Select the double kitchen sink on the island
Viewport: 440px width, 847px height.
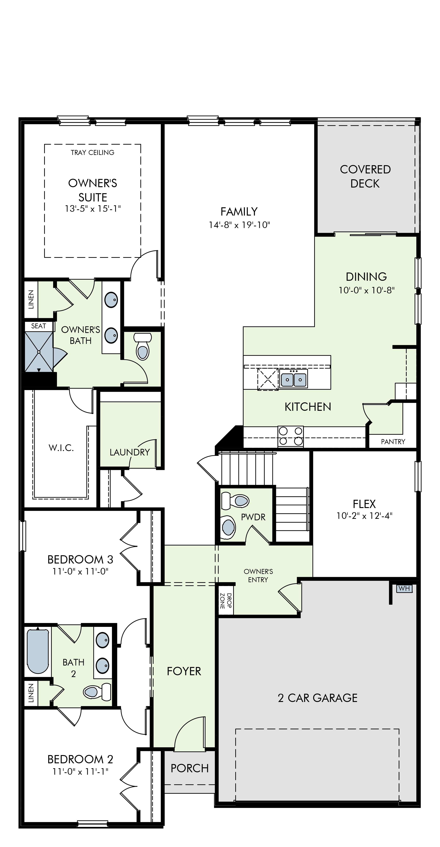point(293,379)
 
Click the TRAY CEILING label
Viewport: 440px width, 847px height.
point(92,153)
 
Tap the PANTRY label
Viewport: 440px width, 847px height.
point(393,442)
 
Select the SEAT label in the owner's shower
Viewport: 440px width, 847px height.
point(38,326)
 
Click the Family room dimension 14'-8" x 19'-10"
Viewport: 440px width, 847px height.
point(239,225)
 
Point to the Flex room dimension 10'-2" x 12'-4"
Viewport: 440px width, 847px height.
point(364,516)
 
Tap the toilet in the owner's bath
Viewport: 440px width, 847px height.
point(143,346)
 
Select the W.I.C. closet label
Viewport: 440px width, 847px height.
point(61,448)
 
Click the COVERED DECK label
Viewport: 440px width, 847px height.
point(365,176)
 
